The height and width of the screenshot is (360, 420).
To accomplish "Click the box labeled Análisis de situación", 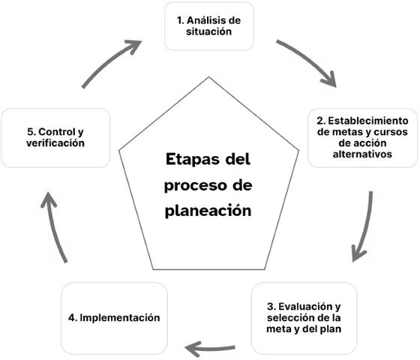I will click(x=209, y=27).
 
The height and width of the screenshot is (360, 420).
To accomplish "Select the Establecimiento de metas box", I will click(x=363, y=137).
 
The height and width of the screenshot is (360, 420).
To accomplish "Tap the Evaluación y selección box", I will click(x=304, y=317).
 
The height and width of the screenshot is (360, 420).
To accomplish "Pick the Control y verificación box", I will click(x=55, y=137).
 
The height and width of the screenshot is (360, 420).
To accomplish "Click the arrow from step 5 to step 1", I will click(x=111, y=58).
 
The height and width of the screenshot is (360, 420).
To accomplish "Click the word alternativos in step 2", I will click(x=363, y=154).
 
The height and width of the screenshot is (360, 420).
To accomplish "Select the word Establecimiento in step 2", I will click(x=368, y=120).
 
